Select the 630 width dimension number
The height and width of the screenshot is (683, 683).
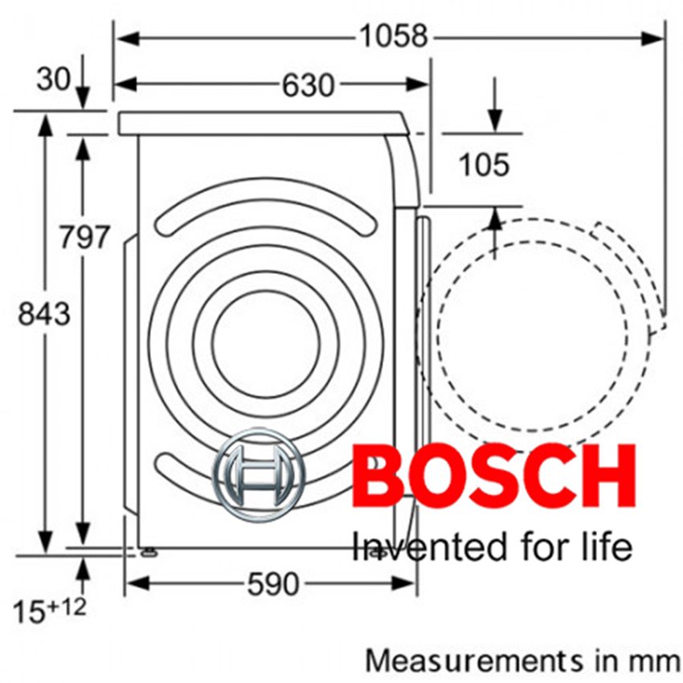(307, 84)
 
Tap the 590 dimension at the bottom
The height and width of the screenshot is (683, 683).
(272, 584)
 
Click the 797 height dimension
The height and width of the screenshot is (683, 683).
(84, 237)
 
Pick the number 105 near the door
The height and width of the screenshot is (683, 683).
(484, 166)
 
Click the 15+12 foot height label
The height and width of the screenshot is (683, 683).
(49, 610)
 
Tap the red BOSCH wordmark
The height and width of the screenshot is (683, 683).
(493, 477)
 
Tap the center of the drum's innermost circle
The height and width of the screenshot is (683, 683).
(266, 343)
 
